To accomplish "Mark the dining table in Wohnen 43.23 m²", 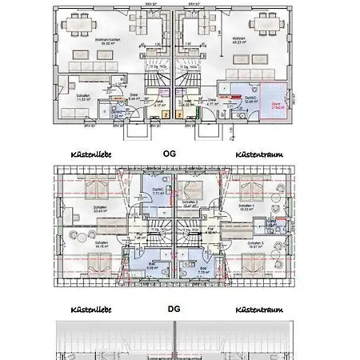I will click(271, 26).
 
